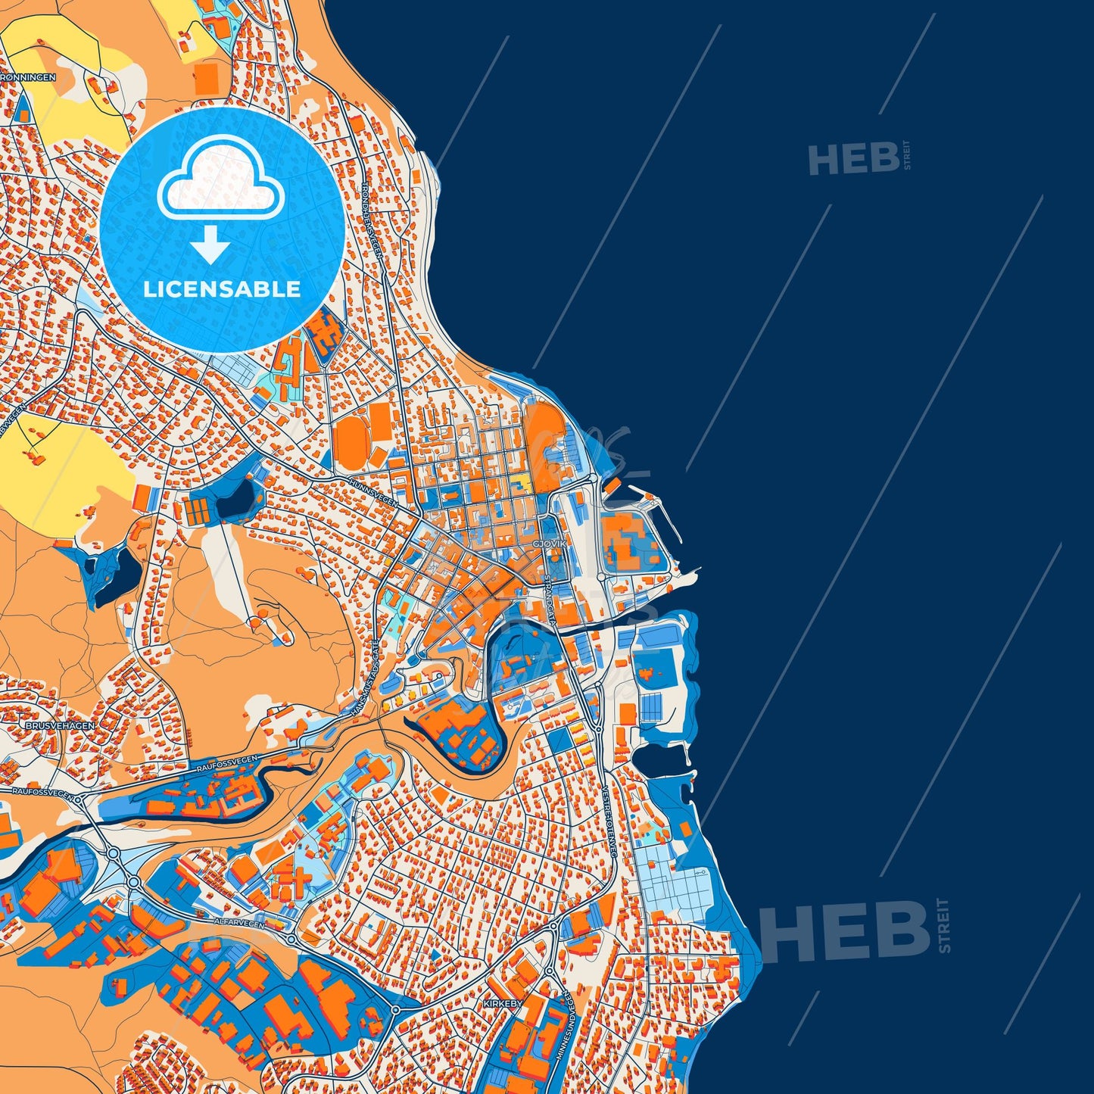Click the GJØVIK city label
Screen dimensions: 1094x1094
(x=550, y=544)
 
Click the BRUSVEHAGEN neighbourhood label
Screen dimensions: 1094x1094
(x=60, y=725)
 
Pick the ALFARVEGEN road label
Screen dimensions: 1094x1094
(x=240, y=924)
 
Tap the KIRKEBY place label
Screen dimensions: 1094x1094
(x=503, y=1003)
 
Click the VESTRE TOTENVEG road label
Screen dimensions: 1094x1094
(x=610, y=821)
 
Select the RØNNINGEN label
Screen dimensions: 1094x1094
(x=29, y=77)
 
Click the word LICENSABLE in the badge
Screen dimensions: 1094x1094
(x=222, y=289)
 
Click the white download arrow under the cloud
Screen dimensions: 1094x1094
(x=210, y=244)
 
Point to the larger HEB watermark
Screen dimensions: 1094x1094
(x=844, y=930)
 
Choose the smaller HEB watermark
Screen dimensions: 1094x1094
(x=853, y=160)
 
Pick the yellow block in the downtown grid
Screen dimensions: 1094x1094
(x=521, y=482)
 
